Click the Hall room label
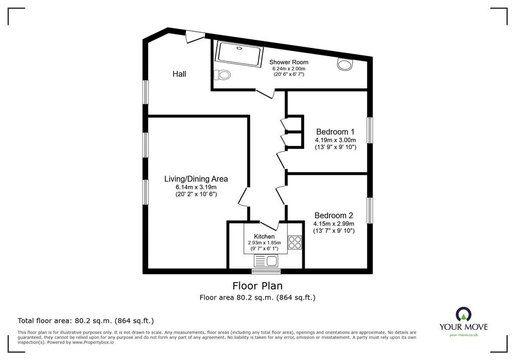[180, 74]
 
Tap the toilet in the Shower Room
[222, 75]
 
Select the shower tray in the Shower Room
[239, 54]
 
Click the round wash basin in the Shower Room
[345, 64]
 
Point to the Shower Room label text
[289, 62]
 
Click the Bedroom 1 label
[335, 132]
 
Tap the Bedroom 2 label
[334, 216]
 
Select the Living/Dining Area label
[196, 179]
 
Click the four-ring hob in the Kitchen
[295, 242]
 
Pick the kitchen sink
[266, 261]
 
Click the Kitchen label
[265, 236]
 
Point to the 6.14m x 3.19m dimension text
[196, 187]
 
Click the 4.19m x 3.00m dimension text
[335, 140]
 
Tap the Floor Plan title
[257, 286]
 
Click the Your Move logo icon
[463, 314]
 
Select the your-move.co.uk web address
[463, 335]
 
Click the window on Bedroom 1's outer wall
[370, 130]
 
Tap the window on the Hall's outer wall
[145, 93]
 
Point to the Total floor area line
[85, 321]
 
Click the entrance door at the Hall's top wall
[196, 36]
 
